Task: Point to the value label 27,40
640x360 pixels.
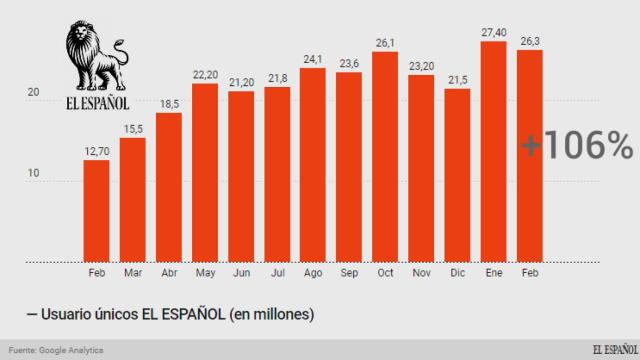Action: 494,32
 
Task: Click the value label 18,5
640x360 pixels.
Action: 169,104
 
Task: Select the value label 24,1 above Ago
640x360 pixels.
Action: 313,58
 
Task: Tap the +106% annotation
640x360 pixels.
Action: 576,146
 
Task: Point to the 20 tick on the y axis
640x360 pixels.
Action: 33,93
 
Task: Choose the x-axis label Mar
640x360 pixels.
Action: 132,271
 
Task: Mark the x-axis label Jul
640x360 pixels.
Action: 277,271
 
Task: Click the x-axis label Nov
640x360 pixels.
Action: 421,271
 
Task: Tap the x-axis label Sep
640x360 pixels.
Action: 349,271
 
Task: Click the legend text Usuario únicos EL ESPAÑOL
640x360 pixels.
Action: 160,314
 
